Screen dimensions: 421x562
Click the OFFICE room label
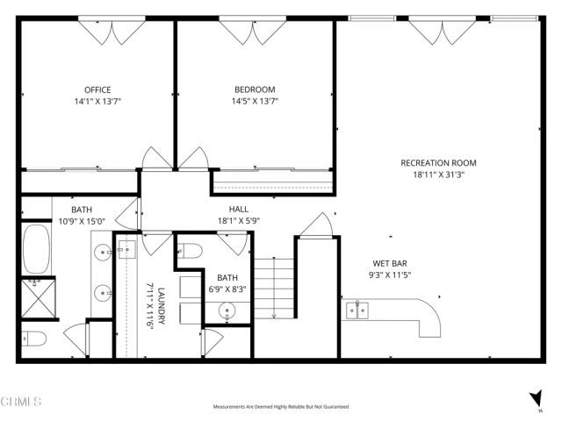pos(97,89)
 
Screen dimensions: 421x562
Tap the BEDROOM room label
pos(255,89)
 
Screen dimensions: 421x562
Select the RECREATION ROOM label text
pos(438,162)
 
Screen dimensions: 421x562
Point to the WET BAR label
pos(389,263)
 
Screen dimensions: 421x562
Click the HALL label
pos(239,210)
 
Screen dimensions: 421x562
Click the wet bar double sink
pos(357,309)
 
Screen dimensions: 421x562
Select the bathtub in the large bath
pos(36,249)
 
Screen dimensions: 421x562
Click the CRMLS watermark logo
pos(21,402)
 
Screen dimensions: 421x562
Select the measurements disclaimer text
pos(281,407)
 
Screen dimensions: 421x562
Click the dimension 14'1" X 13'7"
pos(97,101)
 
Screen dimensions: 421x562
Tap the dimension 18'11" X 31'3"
pos(438,174)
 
